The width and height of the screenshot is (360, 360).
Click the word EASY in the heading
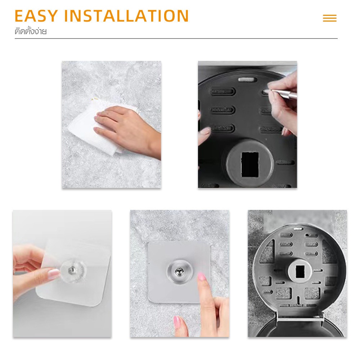click(x=36, y=16)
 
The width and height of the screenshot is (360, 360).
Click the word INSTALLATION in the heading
click(x=126, y=16)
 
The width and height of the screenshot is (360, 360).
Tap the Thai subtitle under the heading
click(x=31, y=31)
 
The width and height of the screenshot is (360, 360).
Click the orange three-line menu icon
click(x=330, y=18)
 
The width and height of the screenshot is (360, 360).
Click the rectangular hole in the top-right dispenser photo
click(x=250, y=164)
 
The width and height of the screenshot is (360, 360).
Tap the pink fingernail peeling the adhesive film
click(x=54, y=274)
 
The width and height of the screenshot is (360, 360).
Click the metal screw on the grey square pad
click(x=179, y=272)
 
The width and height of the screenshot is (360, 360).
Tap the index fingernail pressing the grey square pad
click(x=202, y=277)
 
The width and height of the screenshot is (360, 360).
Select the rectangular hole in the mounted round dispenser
click(x=300, y=271)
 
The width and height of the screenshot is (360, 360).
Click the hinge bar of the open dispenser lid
click(x=300, y=319)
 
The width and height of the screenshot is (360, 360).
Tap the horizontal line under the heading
click(x=176, y=39)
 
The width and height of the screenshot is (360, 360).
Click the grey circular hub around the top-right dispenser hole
click(x=250, y=163)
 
